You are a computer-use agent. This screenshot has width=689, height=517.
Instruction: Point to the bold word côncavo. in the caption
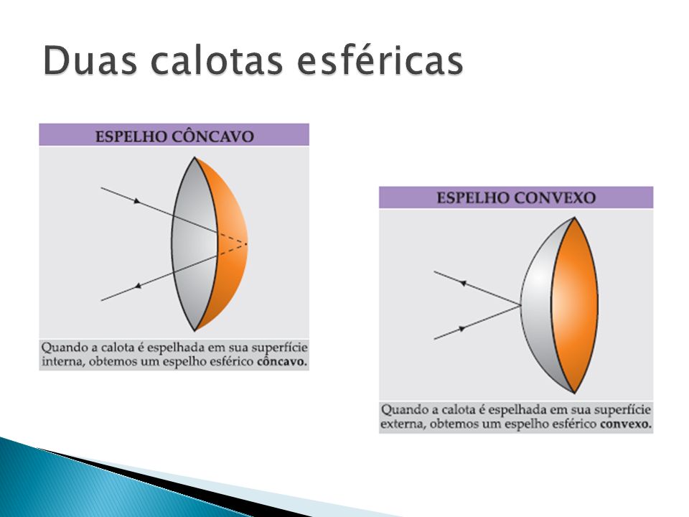coord(282,362)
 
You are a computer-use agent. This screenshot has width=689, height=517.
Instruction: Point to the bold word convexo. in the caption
coord(626,424)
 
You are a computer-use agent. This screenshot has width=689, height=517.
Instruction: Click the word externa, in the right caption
coord(403,424)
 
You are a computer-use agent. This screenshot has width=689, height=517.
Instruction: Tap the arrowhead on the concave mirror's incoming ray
coord(137,201)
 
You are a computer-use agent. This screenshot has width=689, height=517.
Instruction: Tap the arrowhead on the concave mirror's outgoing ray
coord(138,286)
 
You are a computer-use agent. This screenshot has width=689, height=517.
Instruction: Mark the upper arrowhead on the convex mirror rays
coord(463,283)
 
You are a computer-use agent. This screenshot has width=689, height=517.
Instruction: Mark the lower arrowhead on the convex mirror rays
coord(462,328)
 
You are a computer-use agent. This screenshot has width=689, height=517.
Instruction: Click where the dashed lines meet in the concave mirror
coord(246,243)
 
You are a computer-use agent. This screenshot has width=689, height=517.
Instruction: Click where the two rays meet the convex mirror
coord(521,305)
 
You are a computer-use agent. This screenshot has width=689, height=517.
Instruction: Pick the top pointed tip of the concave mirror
coord(194,157)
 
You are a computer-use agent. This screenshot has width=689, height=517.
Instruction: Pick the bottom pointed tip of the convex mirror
coord(574,393)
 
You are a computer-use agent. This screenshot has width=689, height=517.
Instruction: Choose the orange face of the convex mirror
coord(575,305)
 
